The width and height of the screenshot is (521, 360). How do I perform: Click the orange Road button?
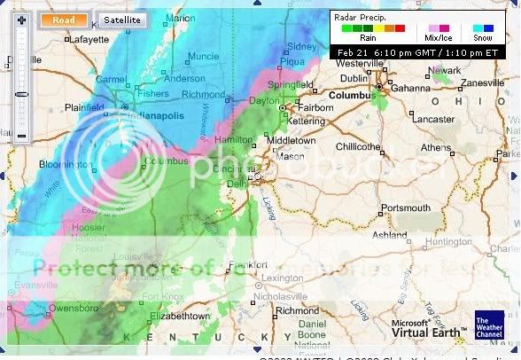pos(63,19)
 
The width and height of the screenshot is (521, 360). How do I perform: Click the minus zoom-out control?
pos(21,136)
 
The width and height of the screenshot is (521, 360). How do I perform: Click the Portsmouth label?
pos(406,207)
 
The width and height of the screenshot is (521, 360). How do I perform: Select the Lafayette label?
pos(65,39)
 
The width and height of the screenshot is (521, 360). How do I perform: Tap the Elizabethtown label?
pos(181,315)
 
